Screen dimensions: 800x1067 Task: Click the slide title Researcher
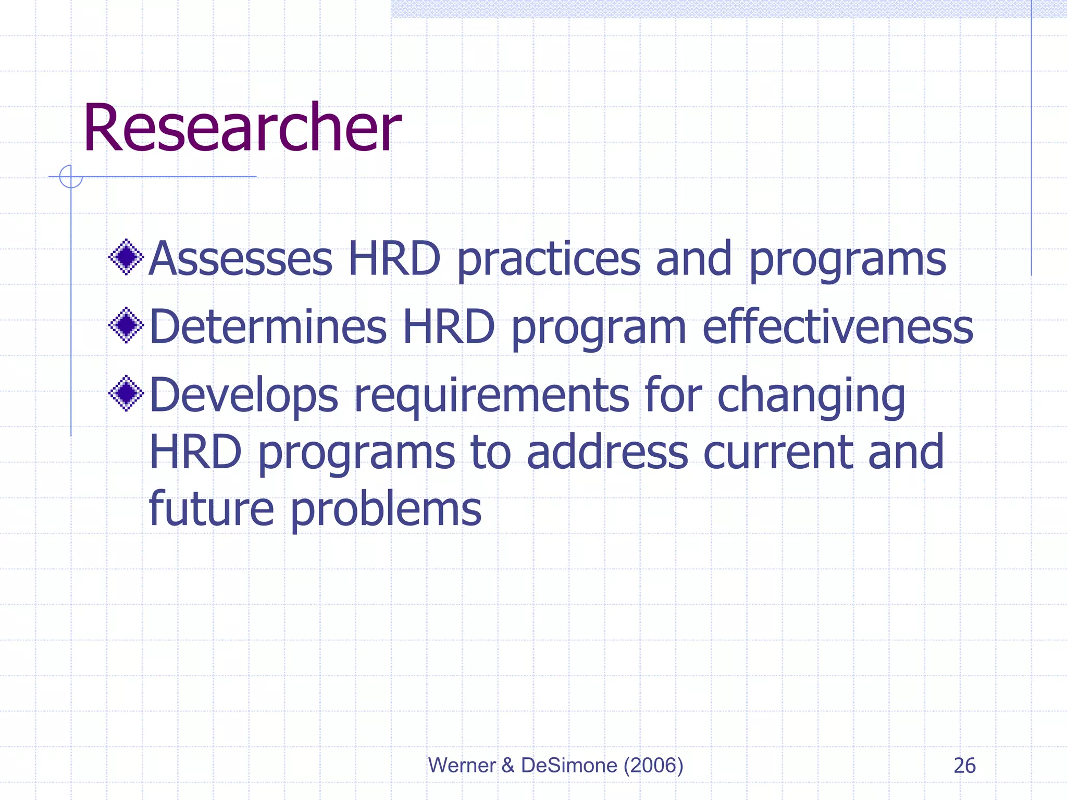pyautogui.click(x=242, y=129)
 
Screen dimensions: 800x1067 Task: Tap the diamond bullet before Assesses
pyautogui.click(x=126, y=257)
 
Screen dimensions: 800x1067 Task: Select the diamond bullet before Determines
pyautogui.click(x=126, y=326)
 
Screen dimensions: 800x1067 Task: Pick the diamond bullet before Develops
pyautogui.click(x=126, y=393)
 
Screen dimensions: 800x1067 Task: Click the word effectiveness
pyautogui.click(x=838, y=327)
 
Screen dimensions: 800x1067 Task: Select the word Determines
pyautogui.click(x=268, y=327)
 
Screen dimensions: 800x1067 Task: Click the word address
pyautogui.click(x=607, y=452)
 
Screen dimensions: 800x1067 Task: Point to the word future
pyautogui.click(x=211, y=509)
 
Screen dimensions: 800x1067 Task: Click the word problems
pyautogui.click(x=386, y=509)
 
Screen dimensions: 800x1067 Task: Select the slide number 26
pyautogui.click(x=964, y=766)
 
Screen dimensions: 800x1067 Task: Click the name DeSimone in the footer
pyautogui.click(x=569, y=765)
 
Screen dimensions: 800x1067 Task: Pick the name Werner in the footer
pyautogui.click(x=462, y=765)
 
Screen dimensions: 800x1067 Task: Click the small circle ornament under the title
pyautogui.click(x=71, y=177)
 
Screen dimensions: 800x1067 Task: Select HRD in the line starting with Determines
pyautogui.click(x=449, y=327)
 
